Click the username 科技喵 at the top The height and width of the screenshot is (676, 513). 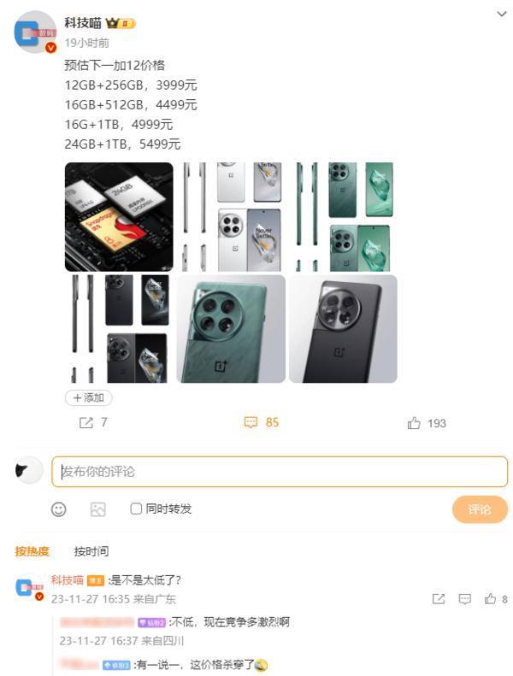point(83,23)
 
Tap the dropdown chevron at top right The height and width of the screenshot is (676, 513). point(501,15)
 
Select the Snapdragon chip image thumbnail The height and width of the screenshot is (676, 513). point(119,217)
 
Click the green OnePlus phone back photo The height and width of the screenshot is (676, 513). point(231,329)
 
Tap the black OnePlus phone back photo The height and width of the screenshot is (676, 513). point(343,329)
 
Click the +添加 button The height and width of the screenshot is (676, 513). point(89,397)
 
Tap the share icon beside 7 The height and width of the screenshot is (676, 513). point(85,422)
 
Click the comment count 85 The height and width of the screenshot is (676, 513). point(272,422)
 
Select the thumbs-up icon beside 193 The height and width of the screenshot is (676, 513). point(415,423)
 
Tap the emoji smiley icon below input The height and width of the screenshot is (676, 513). point(59,509)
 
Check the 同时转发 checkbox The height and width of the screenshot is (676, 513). point(136,508)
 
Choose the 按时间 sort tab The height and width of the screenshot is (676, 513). point(91,551)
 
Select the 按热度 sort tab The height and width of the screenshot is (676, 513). point(32,551)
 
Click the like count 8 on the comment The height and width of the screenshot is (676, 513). point(504,599)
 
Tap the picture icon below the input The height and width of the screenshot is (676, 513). point(98,509)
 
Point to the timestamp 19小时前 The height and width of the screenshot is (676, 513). point(87,43)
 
